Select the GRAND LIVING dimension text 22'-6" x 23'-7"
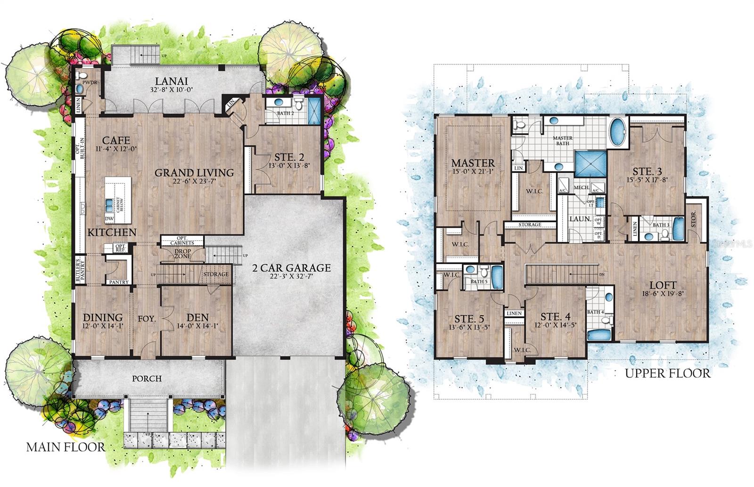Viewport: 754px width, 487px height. pyautogui.click(x=194, y=182)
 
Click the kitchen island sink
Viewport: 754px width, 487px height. pyautogui.click(x=109, y=204)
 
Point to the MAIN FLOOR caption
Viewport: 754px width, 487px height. pyautogui.click(x=66, y=447)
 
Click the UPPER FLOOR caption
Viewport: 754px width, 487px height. pyautogui.click(x=667, y=374)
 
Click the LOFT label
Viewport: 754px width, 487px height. pyautogui.click(x=663, y=285)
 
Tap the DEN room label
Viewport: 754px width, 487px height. pyautogui.click(x=197, y=318)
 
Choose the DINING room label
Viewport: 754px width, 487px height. pyautogui.click(x=103, y=318)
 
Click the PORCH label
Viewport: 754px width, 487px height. pyautogui.click(x=147, y=378)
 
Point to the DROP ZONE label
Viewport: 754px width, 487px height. pyautogui.click(x=183, y=254)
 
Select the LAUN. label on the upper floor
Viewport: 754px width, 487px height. pyautogui.click(x=580, y=219)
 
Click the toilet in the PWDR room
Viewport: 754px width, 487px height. pyautogui.click(x=81, y=75)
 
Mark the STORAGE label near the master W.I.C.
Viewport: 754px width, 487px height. pyautogui.click(x=530, y=225)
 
